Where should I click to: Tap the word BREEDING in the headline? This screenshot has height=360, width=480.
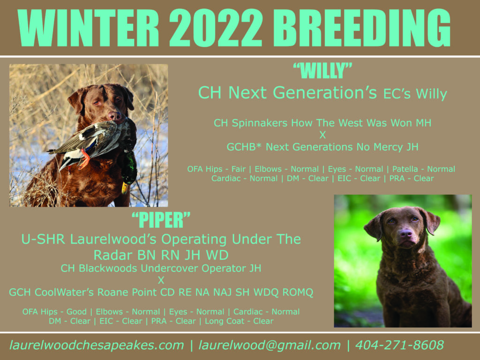click(362, 28)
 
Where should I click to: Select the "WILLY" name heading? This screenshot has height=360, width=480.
click(322, 71)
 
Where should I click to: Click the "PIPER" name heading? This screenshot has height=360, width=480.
click(161, 220)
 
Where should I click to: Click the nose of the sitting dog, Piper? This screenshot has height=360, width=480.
click(406, 234)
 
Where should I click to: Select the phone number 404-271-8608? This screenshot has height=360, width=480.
click(399, 345)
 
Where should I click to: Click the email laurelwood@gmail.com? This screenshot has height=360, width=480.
click(270, 345)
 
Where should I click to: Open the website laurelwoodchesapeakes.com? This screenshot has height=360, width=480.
click(97, 345)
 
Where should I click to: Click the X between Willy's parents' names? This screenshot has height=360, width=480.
click(322, 135)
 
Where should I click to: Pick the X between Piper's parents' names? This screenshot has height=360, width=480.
click(161, 280)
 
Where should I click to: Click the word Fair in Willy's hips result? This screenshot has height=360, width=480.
click(239, 169)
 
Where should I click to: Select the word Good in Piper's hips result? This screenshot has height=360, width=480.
click(76, 312)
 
